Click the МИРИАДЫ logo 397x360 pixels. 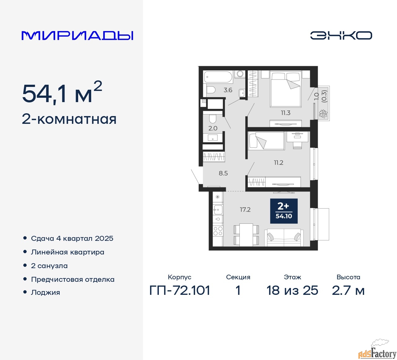[x=77, y=36]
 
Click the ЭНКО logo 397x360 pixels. [x=341, y=35]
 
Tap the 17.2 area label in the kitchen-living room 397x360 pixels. [x=245, y=209]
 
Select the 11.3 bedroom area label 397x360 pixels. [x=286, y=113]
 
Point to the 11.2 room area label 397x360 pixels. [x=279, y=163]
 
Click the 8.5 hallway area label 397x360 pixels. [x=223, y=173]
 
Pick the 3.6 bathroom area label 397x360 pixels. [x=228, y=90]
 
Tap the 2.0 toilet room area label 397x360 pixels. [x=213, y=128]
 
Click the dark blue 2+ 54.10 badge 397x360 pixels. [x=284, y=211]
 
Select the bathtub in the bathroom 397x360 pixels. [x=218, y=77]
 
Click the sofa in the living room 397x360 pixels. [x=284, y=237]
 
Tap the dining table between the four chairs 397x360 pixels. [x=246, y=235]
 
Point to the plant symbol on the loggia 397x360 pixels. [x=323, y=114]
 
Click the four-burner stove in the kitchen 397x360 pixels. [x=218, y=231]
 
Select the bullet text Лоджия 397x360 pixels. [x=45, y=293]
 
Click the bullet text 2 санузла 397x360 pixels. [x=49, y=266]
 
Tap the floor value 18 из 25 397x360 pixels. [x=292, y=290]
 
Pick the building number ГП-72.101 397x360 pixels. [x=180, y=290]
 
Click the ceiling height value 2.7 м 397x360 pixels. [x=348, y=290]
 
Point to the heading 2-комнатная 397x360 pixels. [x=69, y=119]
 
